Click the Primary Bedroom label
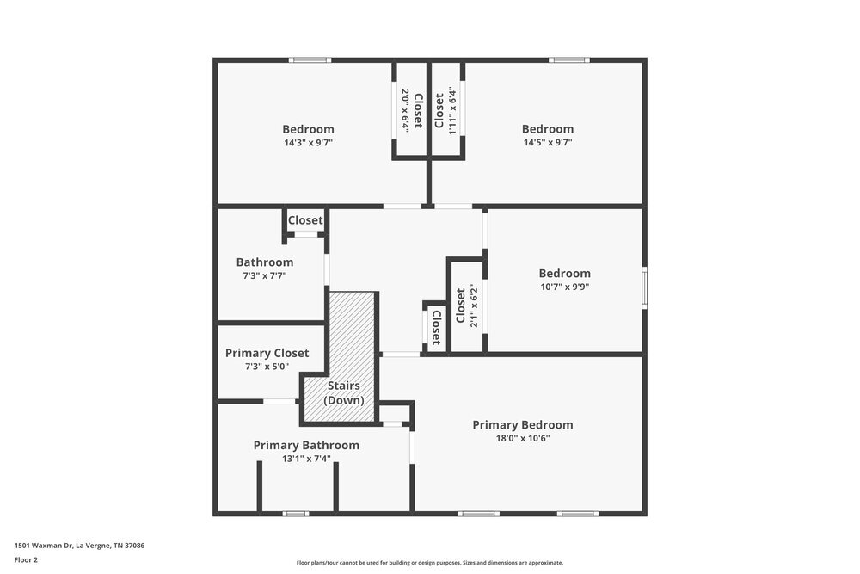click(x=523, y=425)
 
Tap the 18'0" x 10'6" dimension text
click(x=523, y=438)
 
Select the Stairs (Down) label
click(x=344, y=393)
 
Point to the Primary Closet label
click(x=267, y=353)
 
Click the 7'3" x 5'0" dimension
click(x=267, y=367)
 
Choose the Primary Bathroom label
click(x=306, y=445)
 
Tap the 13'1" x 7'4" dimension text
click(x=306, y=459)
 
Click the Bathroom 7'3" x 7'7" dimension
click(x=265, y=275)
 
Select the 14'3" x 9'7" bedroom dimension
click(x=308, y=143)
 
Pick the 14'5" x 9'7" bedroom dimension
click(x=548, y=143)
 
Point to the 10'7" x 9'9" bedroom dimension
click(x=565, y=287)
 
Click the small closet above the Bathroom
click(x=305, y=220)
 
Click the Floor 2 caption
click(x=26, y=559)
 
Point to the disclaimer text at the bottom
click(x=430, y=563)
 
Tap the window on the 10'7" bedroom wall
click(x=644, y=287)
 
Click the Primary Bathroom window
click(x=296, y=514)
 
